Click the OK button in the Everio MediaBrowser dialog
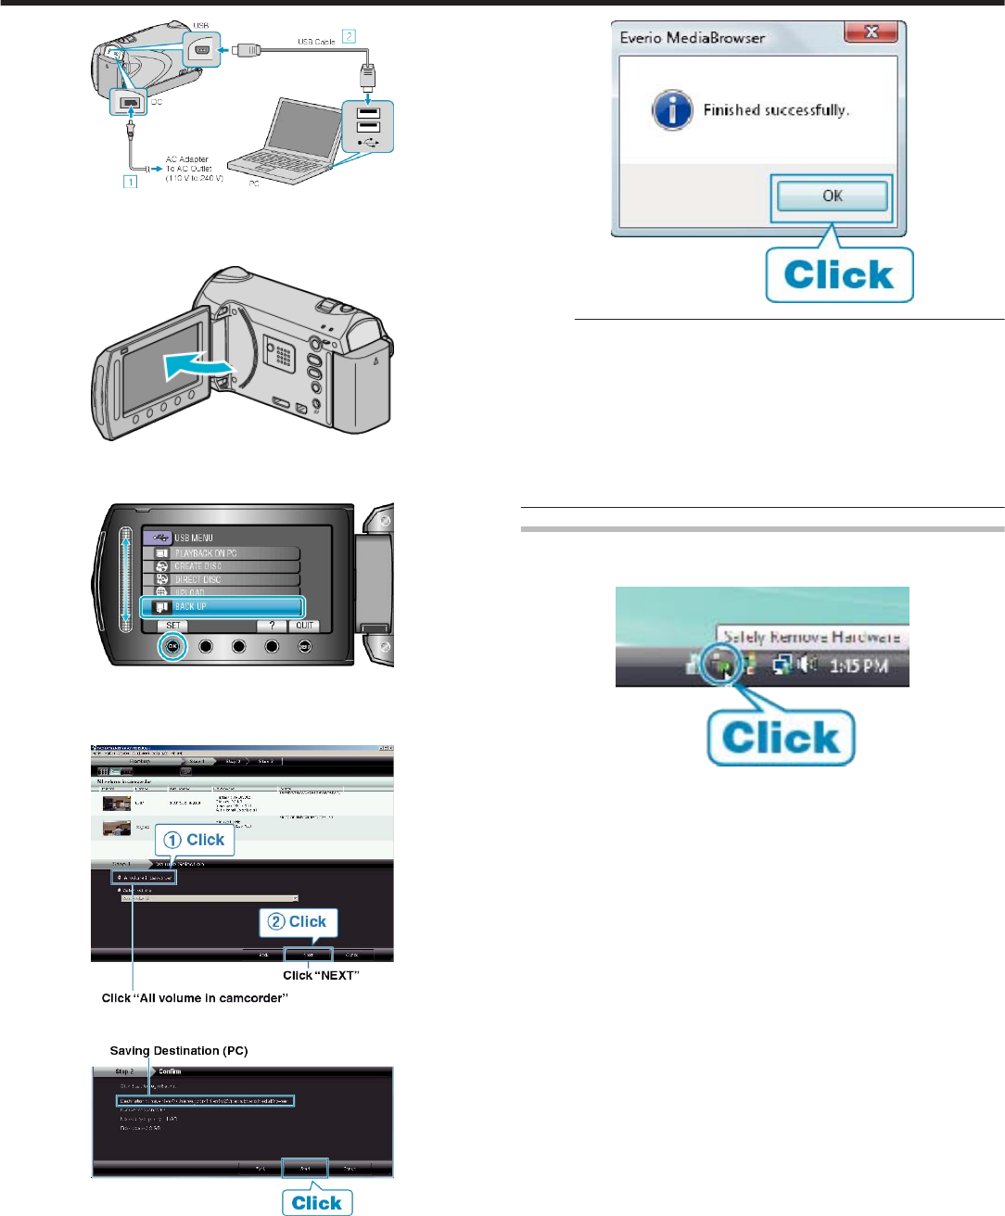(832, 196)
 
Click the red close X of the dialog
(871, 32)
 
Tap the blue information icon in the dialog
(672, 111)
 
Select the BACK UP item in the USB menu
(223, 607)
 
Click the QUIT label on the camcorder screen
(305, 626)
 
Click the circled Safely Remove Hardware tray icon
(721, 664)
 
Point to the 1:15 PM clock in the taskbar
(859, 665)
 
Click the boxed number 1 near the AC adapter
(131, 182)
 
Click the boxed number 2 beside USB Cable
(349, 36)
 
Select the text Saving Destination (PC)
(179, 1051)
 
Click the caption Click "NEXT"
(321, 975)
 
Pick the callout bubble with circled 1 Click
(195, 840)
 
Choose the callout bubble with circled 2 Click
(298, 922)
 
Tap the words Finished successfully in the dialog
(776, 110)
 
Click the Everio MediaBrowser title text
(693, 38)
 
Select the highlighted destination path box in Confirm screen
(206, 1101)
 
